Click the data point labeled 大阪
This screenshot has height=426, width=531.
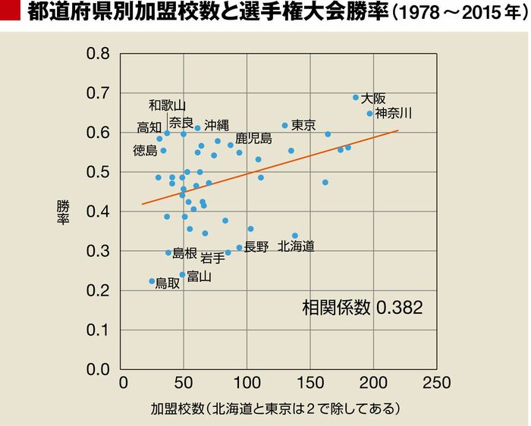tap(356, 97)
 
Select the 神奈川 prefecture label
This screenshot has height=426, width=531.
tap(394, 113)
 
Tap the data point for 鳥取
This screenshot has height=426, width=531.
tap(152, 281)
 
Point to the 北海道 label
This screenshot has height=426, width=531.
tap(296, 246)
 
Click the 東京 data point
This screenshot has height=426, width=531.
tap(285, 125)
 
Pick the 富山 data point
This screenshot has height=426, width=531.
tap(182, 274)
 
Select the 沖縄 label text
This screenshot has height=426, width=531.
tap(216, 126)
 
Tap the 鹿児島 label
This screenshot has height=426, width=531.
tap(253, 138)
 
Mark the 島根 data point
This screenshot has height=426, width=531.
tap(168, 252)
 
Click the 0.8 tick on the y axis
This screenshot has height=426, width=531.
tap(99, 55)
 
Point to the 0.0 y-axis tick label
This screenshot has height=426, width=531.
tap(99, 369)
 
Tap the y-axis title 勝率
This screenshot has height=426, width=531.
tap(60, 212)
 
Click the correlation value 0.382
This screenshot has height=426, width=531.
tap(399, 307)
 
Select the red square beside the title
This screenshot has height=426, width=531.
tap(10, 13)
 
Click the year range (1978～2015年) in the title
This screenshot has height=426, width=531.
tap(458, 14)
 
